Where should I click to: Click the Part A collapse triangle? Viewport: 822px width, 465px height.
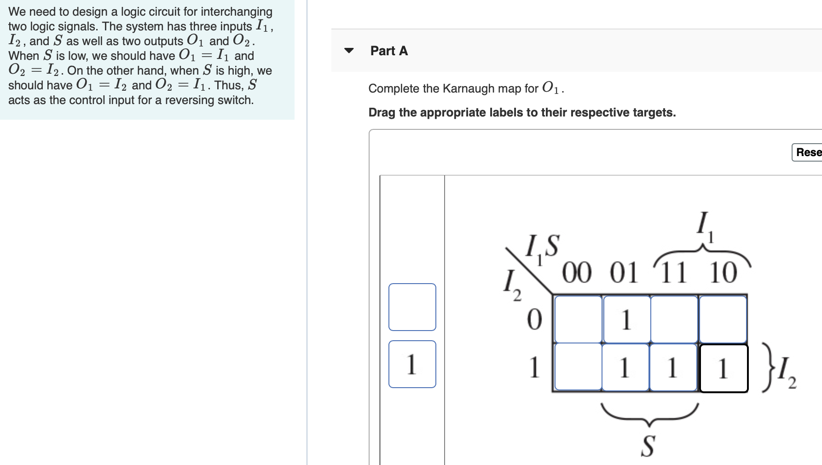[x=349, y=51]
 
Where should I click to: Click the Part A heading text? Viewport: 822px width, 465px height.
[x=389, y=51]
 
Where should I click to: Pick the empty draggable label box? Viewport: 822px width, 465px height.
[x=412, y=307]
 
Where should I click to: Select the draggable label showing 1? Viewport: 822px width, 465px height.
[x=412, y=364]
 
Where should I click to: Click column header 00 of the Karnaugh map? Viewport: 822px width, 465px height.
[x=577, y=273]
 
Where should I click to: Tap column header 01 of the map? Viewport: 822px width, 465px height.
[x=624, y=273]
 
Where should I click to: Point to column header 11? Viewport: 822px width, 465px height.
[x=673, y=273]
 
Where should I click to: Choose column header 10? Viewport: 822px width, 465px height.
[x=723, y=273]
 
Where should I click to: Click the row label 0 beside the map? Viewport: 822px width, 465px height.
[x=534, y=320]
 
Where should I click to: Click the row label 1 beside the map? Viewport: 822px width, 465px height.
[x=534, y=367]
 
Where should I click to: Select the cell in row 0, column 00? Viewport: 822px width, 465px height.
[x=579, y=320]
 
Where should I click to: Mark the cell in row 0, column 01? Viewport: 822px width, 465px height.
[x=627, y=320]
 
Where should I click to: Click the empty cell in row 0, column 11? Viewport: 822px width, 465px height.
[x=674, y=320]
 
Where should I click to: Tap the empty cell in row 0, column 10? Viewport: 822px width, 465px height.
[x=723, y=320]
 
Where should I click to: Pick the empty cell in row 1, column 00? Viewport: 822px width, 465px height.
[x=579, y=367]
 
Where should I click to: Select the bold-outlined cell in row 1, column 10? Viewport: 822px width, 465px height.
[x=724, y=368]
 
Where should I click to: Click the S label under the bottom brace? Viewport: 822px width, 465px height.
[x=648, y=446]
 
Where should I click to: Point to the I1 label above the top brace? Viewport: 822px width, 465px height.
[x=704, y=226]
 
